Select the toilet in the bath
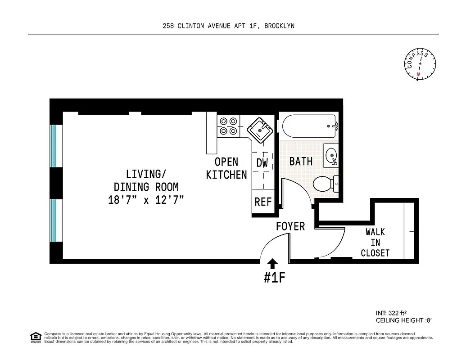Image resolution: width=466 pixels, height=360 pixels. [x=324, y=183]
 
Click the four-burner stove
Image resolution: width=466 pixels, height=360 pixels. [x=228, y=126]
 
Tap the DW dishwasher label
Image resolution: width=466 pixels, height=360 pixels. [x=262, y=163]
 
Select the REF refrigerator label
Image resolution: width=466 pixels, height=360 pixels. [x=263, y=202]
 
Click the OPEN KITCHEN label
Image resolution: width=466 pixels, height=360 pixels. [x=226, y=168]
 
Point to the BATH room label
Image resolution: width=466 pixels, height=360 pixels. [x=301, y=161]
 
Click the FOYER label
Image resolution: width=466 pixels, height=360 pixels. [x=290, y=226]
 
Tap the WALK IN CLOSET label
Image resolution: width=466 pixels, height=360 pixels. [x=375, y=242]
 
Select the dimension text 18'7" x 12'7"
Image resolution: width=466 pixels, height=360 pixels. [x=146, y=200]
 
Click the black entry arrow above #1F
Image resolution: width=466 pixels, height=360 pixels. [x=273, y=264]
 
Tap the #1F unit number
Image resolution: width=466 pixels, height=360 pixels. [x=274, y=278]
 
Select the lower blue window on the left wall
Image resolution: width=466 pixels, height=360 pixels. [x=54, y=220]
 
